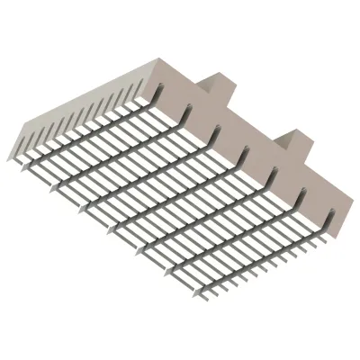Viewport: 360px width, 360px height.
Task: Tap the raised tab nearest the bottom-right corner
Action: [x=292, y=142]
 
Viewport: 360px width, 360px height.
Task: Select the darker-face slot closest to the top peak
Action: [x=161, y=91]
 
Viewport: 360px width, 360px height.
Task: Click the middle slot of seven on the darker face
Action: [x=246, y=152]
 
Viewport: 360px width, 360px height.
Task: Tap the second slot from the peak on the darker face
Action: [x=189, y=111]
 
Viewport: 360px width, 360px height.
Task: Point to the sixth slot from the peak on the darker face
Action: [x=302, y=193]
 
